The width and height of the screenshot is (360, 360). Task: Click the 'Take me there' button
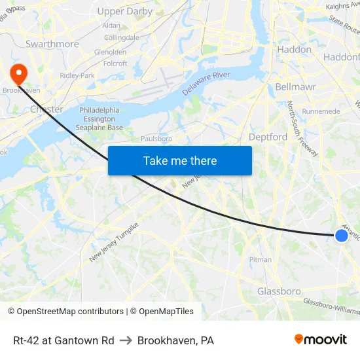(180, 160)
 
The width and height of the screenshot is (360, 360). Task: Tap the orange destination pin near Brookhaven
(19, 74)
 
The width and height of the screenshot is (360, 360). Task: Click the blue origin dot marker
(342, 236)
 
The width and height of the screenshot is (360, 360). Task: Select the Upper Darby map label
(124, 11)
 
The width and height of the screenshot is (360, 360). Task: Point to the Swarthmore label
(52, 44)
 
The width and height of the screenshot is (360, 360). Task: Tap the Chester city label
(46, 109)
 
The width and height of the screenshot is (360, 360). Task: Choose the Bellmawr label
(297, 86)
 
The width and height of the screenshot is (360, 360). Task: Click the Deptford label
(268, 137)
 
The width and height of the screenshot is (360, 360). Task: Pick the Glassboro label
(279, 291)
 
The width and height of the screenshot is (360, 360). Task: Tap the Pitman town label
(260, 260)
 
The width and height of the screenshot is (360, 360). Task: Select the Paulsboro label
(156, 139)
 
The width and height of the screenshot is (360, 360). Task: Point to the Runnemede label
(321, 111)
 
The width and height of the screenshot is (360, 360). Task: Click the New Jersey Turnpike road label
(115, 242)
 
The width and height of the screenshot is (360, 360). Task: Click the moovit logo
(320, 340)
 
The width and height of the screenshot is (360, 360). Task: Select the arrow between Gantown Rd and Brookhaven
(126, 340)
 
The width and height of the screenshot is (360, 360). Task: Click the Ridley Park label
(77, 75)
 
